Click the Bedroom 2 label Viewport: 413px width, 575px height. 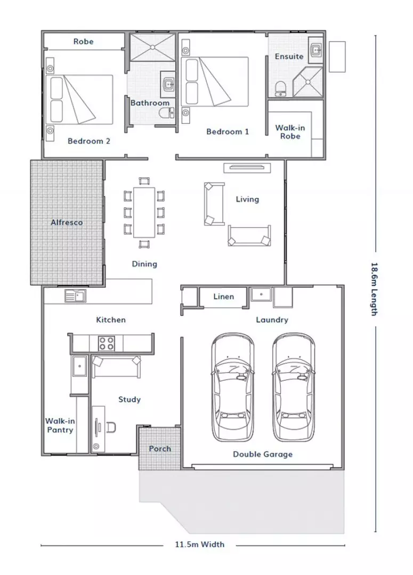tap(89, 141)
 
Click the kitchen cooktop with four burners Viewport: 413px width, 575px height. tap(106, 343)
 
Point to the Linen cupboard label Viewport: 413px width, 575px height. tap(224, 297)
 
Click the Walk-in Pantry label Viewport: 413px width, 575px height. tap(60, 425)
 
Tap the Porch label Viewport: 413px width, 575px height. tap(160, 449)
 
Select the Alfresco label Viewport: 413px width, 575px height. tap(67, 222)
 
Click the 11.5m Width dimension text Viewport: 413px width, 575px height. tap(199, 544)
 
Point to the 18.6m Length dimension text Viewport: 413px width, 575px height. tap(374, 289)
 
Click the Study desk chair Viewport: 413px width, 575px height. tap(111, 427)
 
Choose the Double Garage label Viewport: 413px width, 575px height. tap(263, 454)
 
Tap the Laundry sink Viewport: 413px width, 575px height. tap(261, 294)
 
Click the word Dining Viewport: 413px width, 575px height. tap(144, 264)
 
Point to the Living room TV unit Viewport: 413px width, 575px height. tap(247, 168)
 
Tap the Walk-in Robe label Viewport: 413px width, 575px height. tap(290, 132)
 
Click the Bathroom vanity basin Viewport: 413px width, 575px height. tap(168, 85)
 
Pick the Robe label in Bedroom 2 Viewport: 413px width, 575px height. tap(83, 42)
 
